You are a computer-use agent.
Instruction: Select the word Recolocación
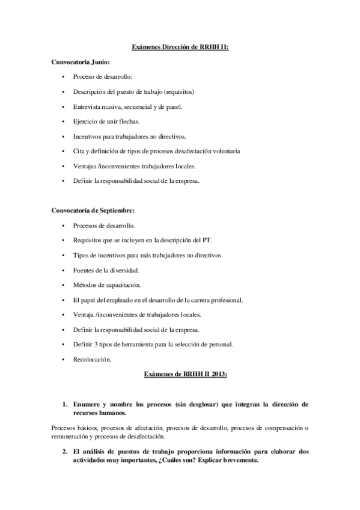(x=93, y=359)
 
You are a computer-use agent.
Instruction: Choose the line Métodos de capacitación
(x=107, y=285)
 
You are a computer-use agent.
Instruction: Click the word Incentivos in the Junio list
(x=88, y=137)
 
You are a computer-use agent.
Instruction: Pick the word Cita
(x=79, y=151)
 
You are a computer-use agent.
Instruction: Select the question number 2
(x=65, y=451)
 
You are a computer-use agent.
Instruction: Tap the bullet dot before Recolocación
(x=64, y=359)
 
